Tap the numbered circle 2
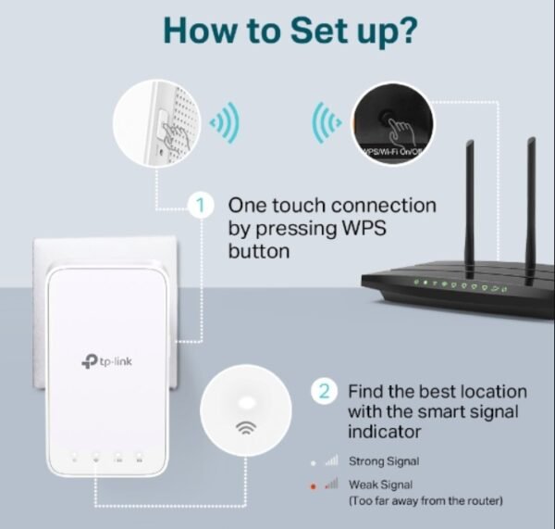(324, 390)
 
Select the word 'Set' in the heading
(311, 31)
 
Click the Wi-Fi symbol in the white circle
(246, 427)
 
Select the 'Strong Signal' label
(384, 460)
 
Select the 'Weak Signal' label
(380, 485)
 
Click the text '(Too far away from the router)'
(425, 501)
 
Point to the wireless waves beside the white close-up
(225, 122)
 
